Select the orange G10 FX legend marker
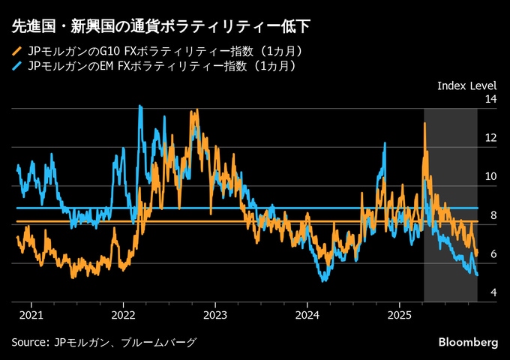tap(17, 52)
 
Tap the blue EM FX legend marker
tap(17, 67)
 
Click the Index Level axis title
tap(466, 85)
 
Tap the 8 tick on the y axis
tap(493, 216)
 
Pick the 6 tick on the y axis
tap(493, 255)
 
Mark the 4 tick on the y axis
tap(493, 292)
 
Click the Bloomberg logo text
tap(468, 342)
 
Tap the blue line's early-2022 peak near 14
tap(140, 106)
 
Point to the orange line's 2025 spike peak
tap(424, 123)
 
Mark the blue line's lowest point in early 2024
tap(323, 280)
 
